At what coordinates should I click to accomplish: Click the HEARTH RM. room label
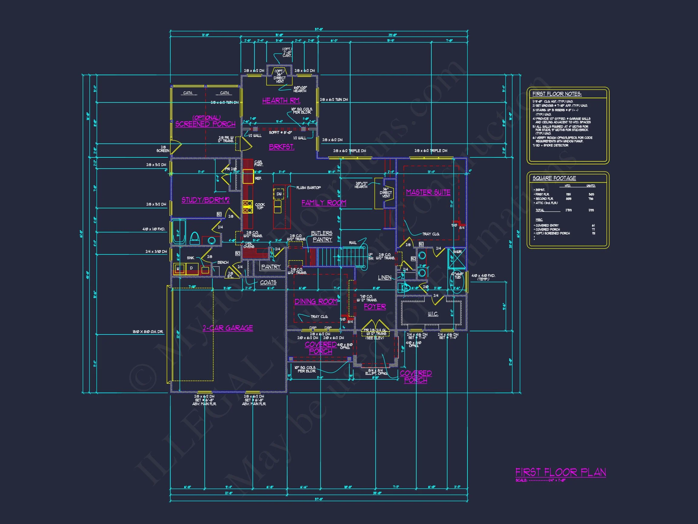[x=281, y=100]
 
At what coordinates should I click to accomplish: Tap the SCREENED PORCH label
[x=205, y=124]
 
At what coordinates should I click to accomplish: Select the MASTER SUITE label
[x=428, y=192]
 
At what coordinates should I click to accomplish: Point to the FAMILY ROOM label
[x=324, y=203]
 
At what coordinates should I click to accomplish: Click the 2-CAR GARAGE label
[x=228, y=328]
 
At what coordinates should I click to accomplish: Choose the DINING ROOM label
[x=316, y=302]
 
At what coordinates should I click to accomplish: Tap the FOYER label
[x=375, y=307]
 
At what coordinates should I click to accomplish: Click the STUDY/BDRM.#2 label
[x=205, y=200]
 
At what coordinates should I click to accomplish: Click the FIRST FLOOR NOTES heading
[x=557, y=94]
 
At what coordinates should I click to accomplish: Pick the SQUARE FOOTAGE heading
[x=554, y=178]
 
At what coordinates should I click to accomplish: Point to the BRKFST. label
[x=281, y=147]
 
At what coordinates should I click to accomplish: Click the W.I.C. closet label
[x=433, y=314]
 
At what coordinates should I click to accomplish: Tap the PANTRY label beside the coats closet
[x=271, y=267]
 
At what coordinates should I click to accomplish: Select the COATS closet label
[x=268, y=282]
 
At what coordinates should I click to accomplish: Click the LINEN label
[x=385, y=278]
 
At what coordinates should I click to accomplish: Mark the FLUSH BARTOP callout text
[x=308, y=188]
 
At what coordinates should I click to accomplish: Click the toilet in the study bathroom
[x=195, y=238]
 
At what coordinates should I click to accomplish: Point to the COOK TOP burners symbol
[x=248, y=206]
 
